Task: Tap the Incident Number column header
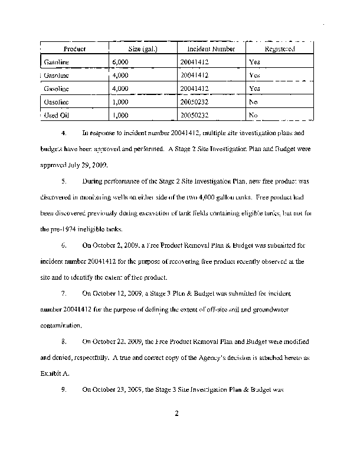click(x=211, y=48)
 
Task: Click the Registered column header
click(x=280, y=48)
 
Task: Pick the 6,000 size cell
click(x=120, y=62)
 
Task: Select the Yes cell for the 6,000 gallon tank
click(x=254, y=62)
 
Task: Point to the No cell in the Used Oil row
click(x=253, y=115)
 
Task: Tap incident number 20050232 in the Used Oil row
click(x=194, y=115)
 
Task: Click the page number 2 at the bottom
click(x=176, y=412)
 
